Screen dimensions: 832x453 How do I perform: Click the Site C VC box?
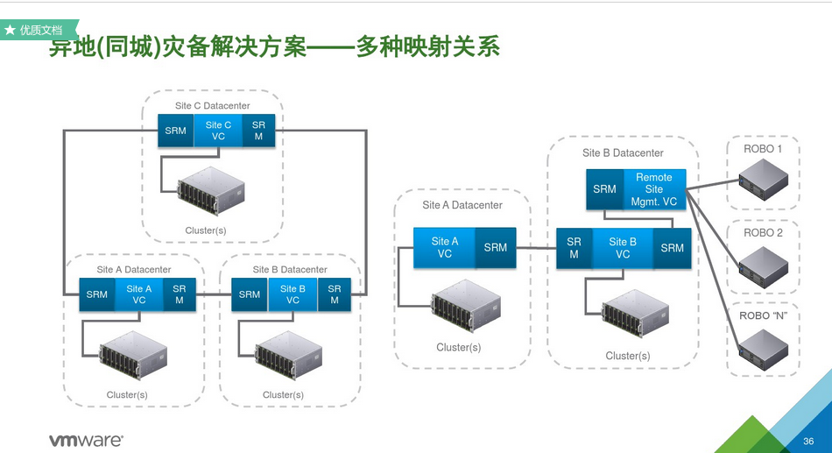[218, 130]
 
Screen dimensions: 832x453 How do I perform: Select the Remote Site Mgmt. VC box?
[653, 189]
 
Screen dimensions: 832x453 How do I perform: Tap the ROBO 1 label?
[763, 149]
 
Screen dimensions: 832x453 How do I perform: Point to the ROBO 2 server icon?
[764, 266]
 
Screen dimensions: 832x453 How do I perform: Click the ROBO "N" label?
[763, 316]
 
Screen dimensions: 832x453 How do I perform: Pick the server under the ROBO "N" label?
[764, 350]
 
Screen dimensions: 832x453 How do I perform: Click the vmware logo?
[86, 440]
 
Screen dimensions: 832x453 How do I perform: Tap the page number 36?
[808, 441]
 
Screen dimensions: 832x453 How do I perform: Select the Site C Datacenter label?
[212, 106]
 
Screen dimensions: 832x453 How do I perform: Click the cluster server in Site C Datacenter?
[211, 191]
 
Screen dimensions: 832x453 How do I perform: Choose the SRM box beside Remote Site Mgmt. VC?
[604, 189]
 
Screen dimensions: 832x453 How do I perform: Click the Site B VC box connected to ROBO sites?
[623, 248]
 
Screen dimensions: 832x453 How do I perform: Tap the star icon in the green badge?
[10, 31]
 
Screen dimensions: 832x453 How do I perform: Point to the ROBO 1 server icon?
[764, 180]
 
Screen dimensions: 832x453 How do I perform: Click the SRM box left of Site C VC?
[176, 130]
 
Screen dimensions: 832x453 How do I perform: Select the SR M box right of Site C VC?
[258, 130]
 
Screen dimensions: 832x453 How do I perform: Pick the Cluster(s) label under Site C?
[205, 230]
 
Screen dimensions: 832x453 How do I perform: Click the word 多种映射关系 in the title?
[427, 46]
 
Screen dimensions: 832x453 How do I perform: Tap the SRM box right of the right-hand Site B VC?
[673, 248]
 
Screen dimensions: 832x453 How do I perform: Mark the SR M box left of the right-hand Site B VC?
[575, 248]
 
